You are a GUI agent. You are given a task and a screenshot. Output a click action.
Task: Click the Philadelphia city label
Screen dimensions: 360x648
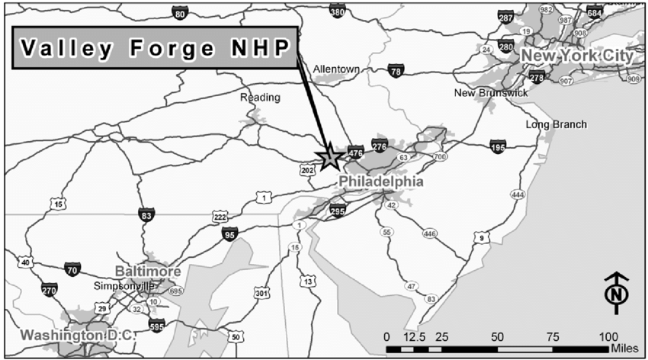(380, 182)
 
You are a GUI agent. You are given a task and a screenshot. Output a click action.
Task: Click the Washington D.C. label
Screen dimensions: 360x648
(76, 335)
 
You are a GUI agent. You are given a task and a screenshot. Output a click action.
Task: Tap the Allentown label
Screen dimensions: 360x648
(335, 69)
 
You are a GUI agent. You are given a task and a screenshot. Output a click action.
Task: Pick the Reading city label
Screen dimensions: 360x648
(260, 98)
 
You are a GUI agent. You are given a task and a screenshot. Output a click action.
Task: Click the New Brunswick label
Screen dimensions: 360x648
(491, 93)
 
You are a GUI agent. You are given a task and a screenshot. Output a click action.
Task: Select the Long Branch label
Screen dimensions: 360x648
(556, 124)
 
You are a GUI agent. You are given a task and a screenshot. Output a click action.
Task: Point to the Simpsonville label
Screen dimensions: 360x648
(123, 287)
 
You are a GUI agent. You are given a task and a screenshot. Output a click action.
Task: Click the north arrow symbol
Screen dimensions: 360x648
(615, 293)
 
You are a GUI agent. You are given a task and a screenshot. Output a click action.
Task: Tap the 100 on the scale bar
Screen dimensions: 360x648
(608, 336)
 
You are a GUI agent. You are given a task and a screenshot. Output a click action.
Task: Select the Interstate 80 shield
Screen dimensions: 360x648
(180, 13)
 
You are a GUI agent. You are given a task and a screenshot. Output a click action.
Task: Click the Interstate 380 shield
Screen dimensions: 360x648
(337, 11)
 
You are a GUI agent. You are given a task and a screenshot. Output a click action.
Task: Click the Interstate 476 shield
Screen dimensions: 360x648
(355, 152)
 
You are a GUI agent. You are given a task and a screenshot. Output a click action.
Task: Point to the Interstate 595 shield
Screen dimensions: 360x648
(156, 326)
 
